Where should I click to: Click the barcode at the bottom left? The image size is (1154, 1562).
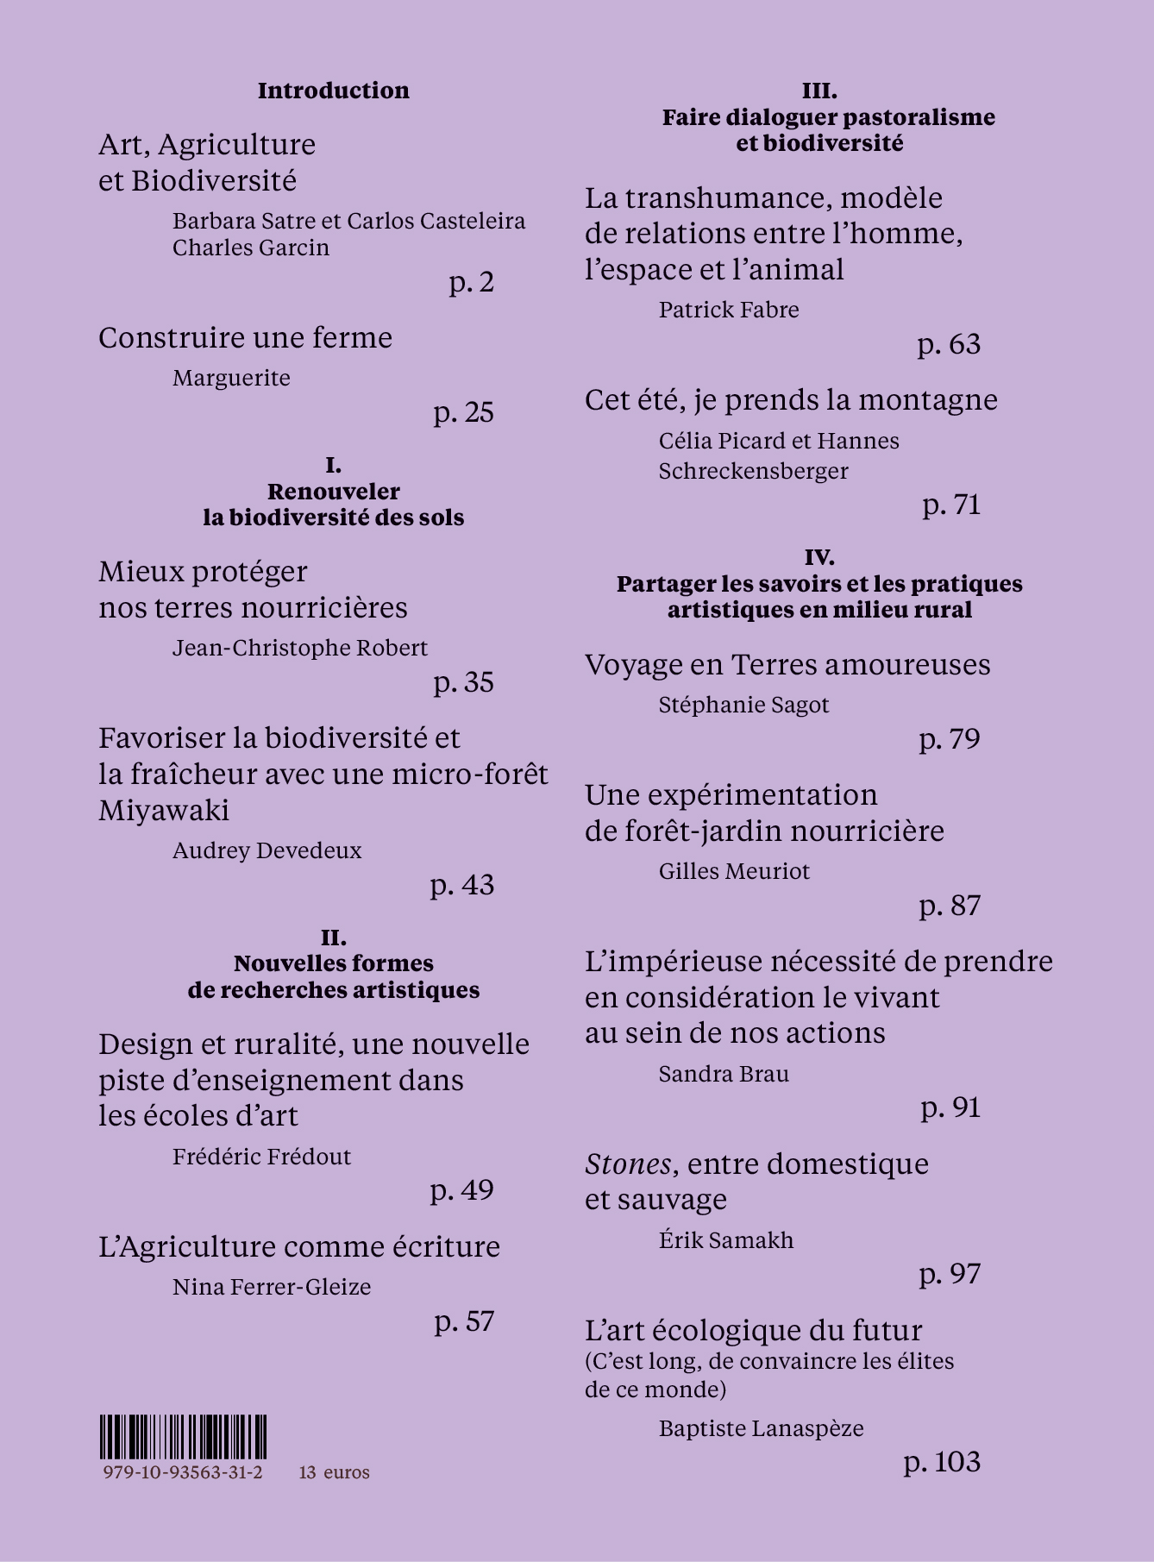coord(183,1436)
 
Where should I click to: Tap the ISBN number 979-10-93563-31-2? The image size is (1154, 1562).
coord(183,1472)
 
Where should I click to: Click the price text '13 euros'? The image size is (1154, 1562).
coord(334,1472)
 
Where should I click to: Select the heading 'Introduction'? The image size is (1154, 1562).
coord(333,91)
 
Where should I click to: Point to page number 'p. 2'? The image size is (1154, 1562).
coord(471,282)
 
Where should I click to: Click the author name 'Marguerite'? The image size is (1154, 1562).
coord(231,378)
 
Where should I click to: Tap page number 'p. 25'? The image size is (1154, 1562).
coord(463,412)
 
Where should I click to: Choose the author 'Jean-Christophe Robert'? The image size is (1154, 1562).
coord(299,648)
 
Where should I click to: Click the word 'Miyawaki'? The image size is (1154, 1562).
coord(164,811)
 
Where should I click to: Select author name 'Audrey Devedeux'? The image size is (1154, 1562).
coord(267,850)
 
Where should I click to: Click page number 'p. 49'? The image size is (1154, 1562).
coord(461,1190)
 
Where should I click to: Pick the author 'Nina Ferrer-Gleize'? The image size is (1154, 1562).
coord(272,1287)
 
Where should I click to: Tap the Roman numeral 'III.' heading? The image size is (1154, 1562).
coord(819,91)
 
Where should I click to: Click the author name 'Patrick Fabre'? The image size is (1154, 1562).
coord(729,310)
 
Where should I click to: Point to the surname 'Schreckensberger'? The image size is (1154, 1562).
coord(753,471)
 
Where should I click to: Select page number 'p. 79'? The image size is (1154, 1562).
coord(950,739)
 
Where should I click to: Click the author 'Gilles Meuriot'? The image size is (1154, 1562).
coord(734,871)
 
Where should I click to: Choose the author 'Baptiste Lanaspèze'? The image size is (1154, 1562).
coord(761,1428)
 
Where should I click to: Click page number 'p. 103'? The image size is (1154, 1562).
coord(942,1462)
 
